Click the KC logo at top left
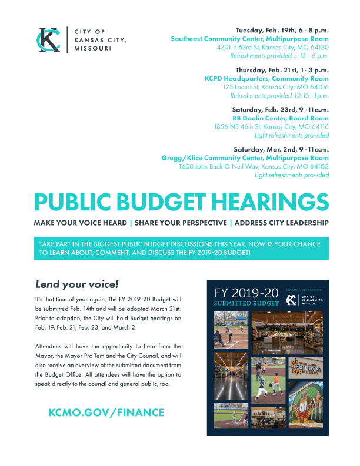pos(48,40)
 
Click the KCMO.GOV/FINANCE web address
pos(106,413)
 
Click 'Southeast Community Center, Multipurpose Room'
pos(249,38)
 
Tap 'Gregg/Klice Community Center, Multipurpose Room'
pos(245,158)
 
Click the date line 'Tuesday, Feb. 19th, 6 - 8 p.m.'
pos(282,29)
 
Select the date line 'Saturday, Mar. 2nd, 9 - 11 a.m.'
pos(281,149)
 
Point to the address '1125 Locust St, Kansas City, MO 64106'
pos(275,86)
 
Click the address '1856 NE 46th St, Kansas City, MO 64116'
pos(271,126)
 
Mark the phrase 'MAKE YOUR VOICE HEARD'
pos(80,223)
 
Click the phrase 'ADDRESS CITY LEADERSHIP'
pos(281,223)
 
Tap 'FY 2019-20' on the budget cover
pos(246,293)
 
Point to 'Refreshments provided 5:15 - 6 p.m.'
pos(279,56)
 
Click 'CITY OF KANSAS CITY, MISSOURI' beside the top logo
pos(100,40)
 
